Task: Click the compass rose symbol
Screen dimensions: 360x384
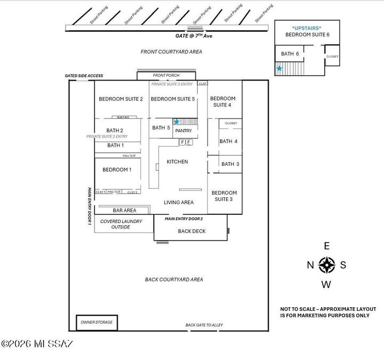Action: click(326, 265)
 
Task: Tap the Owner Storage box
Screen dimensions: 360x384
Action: click(97, 323)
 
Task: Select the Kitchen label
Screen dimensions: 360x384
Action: click(177, 162)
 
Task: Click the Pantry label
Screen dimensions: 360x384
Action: click(183, 131)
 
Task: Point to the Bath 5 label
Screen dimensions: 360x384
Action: click(161, 127)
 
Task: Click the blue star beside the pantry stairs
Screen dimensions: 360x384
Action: click(177, 122)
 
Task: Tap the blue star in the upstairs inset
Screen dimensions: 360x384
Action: click(279, 68)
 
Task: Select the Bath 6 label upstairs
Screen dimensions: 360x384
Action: click(290, 54)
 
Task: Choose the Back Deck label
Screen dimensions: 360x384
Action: click(191, 231)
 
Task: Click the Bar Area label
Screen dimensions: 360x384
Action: click(124, 211)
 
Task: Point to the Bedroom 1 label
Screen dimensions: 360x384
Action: click(117, 170)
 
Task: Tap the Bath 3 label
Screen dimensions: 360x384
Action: click(230, 164)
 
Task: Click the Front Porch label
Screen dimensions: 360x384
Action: click(166, 76)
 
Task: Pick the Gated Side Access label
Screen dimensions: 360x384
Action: click(84, 76)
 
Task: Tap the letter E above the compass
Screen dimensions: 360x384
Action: click(327, 246)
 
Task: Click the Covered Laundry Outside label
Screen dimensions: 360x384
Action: click(121, 224)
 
